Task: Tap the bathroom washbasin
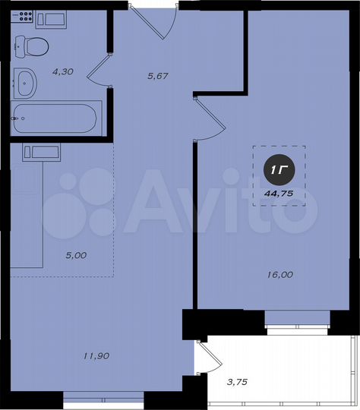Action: coord(26,82)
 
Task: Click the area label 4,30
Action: coord(62,71)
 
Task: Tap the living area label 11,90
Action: coord(97,355)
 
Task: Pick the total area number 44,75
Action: coord(279,193)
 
